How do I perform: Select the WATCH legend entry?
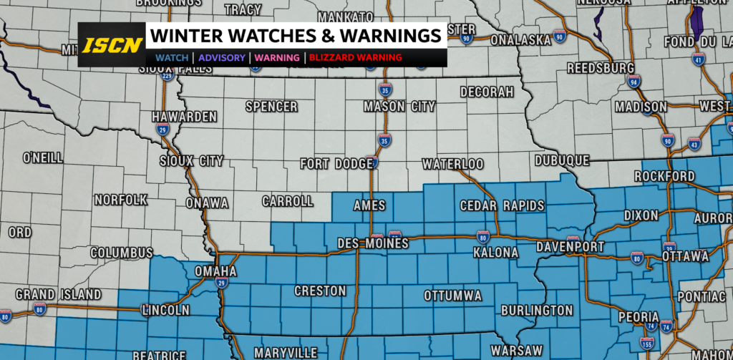click(x=172, y=57)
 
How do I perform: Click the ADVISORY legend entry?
click(x=222, y=57)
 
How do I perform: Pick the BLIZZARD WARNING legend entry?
click(x=356, y=57)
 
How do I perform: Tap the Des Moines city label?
click(x=372, y=244)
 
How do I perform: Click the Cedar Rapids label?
click(x=502, y=206)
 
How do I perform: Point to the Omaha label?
click(x=215, y=272)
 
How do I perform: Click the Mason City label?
click(x=399, y=107)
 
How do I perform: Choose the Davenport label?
click(x=571, y=248)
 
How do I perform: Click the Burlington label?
click(x=537, y=311)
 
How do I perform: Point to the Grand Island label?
click(x=58, y=294)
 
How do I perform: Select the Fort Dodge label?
click(x=336, y=164)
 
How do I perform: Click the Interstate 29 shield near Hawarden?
click(x=163, y=129)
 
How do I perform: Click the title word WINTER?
click(x=183, y=36)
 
